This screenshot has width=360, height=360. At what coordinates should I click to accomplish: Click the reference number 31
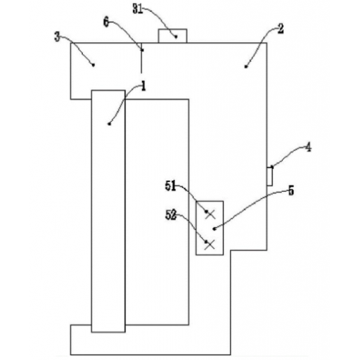(138, 9)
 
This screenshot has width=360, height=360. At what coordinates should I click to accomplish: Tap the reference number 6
(106, 22)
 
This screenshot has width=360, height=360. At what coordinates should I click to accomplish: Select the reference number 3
(57, 37)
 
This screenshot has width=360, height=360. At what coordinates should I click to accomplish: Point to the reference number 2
(281, 29)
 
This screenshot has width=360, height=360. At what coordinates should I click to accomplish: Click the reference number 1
(143, 86)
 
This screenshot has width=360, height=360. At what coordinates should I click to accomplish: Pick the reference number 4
(309, 148)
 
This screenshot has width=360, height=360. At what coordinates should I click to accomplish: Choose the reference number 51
(170, 186)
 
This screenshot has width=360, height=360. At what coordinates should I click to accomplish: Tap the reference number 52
(171, 215)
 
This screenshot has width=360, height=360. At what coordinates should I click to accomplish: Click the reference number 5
(291, 191)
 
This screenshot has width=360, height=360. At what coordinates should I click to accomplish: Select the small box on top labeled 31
(172, 36)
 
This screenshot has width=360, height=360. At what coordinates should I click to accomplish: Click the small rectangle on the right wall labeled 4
(269, 176)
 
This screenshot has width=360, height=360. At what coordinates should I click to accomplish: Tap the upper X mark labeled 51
(210, 214)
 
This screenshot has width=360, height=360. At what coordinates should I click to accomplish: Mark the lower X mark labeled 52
(210, 245)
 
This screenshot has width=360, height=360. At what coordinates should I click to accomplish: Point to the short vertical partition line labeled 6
(141, 58)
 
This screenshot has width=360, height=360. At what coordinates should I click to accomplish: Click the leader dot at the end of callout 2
(246, 67)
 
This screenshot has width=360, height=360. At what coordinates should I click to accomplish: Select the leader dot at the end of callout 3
(94, 65)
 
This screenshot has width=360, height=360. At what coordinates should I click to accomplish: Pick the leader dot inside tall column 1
(109, 124)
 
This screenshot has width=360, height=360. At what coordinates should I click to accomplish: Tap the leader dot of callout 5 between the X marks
(214, 229)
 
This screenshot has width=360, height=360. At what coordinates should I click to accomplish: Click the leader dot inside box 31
(176, 37)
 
